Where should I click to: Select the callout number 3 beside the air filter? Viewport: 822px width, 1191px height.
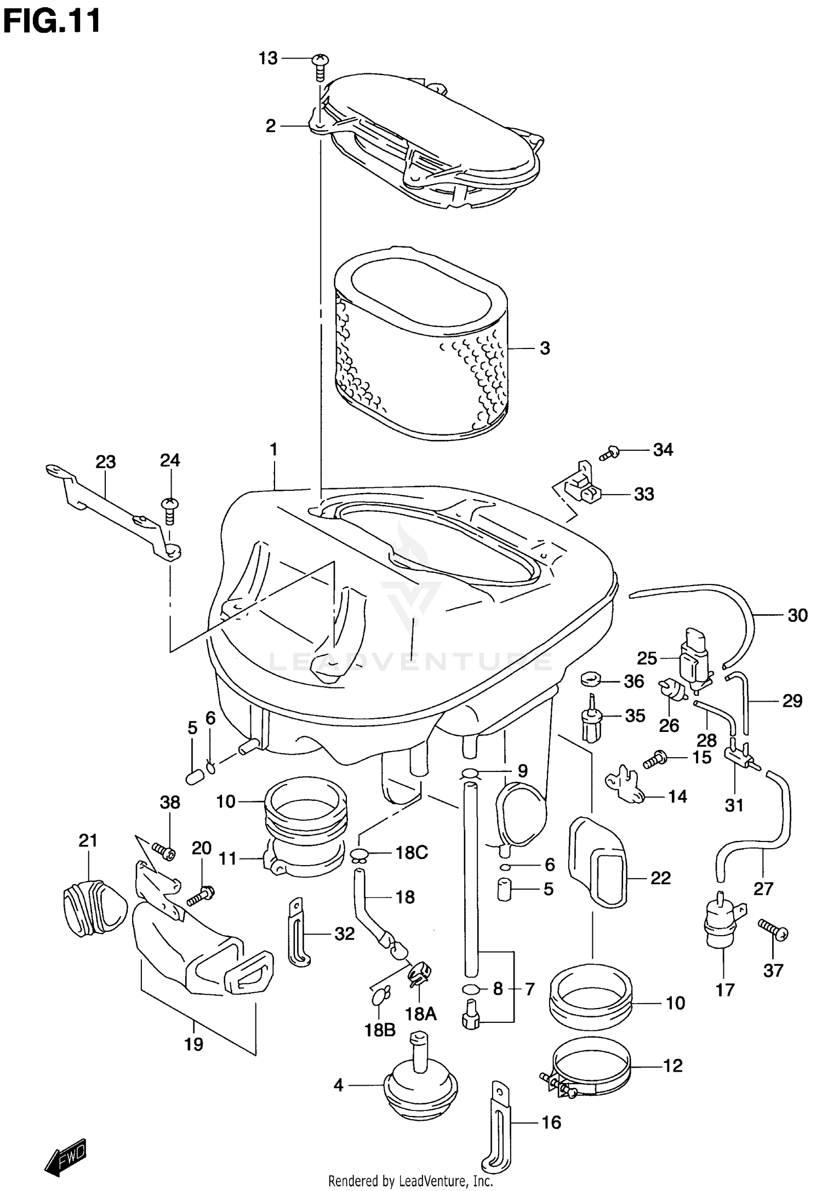pos(544,348)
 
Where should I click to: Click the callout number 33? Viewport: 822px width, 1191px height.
pos(644,494)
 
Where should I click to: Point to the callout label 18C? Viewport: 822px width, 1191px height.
pos(412,853)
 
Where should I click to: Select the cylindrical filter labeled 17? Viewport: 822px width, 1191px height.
pos(722,926)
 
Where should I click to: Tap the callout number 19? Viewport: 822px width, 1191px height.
pos(193,1044)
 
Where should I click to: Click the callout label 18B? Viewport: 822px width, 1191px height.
pos(380,1030)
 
